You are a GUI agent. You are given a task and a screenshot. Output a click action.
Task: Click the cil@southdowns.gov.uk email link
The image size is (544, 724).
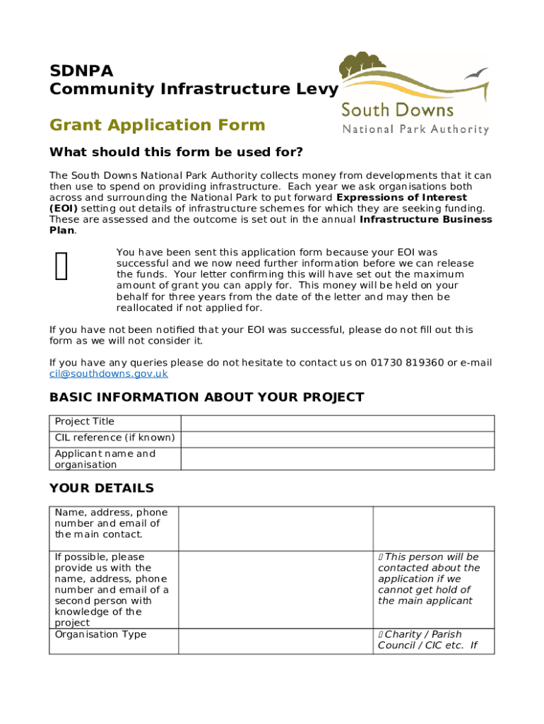pyautogui.click(x=108, y=374)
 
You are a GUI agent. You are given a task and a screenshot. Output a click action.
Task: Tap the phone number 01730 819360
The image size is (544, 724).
pyautogui.click(x=407, y=363)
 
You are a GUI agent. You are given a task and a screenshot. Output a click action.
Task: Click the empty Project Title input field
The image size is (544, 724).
pyautogui.click(x=338, y=422)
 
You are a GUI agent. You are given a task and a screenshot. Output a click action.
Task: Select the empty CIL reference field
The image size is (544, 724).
pyautogui.click(x=338, y=438)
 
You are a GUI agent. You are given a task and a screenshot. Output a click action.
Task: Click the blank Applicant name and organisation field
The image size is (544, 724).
pyautogui.click(x=338, y=459)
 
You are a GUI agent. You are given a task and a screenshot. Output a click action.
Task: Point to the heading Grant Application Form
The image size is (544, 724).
pyautogui.click(x=157, y=125)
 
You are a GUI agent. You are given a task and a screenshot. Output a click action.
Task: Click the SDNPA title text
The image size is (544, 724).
pyautogui.click(x=81, y=71)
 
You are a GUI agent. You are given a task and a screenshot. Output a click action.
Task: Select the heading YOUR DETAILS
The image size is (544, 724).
pyautogui.click(x=101, y=489)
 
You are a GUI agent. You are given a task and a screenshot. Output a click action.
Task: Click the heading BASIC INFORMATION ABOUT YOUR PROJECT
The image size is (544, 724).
pyautogui.click(x=206, y=397)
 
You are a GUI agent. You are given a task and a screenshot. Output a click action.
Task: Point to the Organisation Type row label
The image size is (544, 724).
pyautogui.click(x=100, y=634)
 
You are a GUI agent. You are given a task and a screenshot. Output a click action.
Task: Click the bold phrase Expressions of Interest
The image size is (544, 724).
pyautogui.click(x=401, y=197)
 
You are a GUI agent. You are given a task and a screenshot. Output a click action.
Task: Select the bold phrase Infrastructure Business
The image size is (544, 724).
pyautogui.click(x=425, y=219)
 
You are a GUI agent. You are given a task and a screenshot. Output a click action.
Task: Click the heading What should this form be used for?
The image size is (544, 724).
pyautogui.click(x=176, y=153)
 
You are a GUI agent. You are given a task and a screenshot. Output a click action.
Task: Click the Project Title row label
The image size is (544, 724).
pyautogui.click(x=84, y=422)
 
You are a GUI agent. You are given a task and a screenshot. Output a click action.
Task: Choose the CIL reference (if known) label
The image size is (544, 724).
pyautogui.click(x=114, y=438)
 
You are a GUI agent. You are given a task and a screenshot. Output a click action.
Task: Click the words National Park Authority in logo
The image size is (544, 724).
pyautogui.click(x=415, y=129)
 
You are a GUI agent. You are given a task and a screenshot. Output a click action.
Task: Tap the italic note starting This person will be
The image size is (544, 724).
pyautogui.click(x=428, y=579)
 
